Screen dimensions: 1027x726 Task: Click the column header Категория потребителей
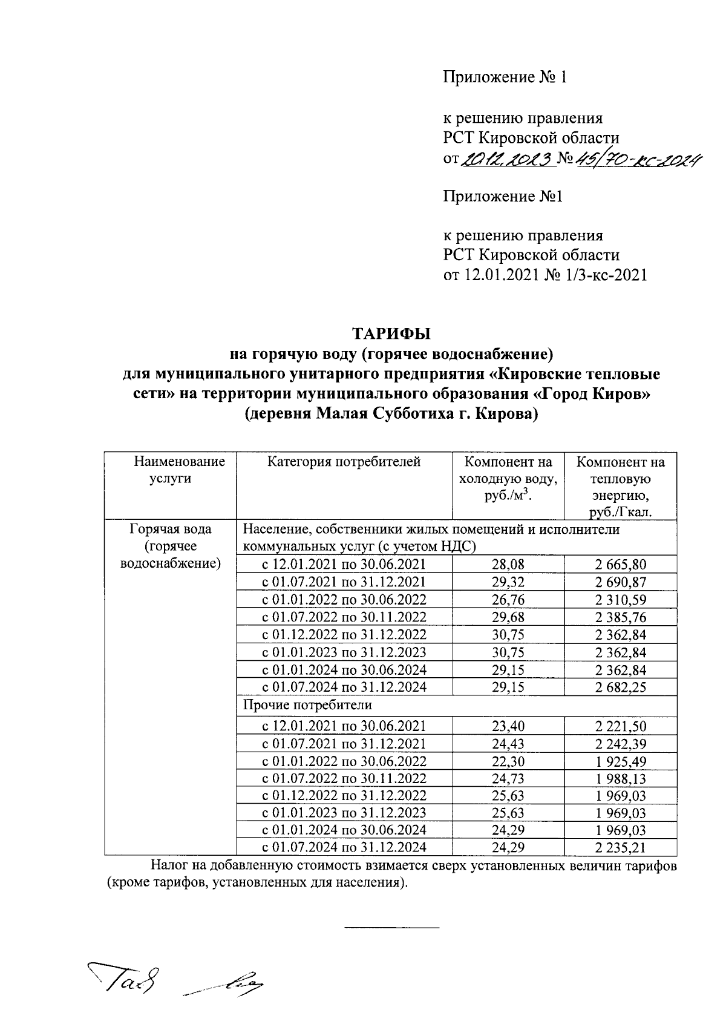[344, 462]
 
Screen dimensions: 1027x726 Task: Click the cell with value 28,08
[508, 565]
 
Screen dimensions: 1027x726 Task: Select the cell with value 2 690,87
[620, 582]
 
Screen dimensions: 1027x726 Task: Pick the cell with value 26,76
[508, 600]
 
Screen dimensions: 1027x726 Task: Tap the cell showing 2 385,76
[620, 617]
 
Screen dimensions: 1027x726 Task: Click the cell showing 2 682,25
[620, 687]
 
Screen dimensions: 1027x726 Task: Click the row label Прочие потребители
[307, 705]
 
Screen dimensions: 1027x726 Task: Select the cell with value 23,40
[508, 726]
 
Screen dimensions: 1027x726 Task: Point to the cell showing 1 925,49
[620, 761]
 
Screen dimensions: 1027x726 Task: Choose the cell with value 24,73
[508, 778]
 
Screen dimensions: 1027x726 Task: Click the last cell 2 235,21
[620, 847]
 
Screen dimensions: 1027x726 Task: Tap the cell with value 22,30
[508, 761]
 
